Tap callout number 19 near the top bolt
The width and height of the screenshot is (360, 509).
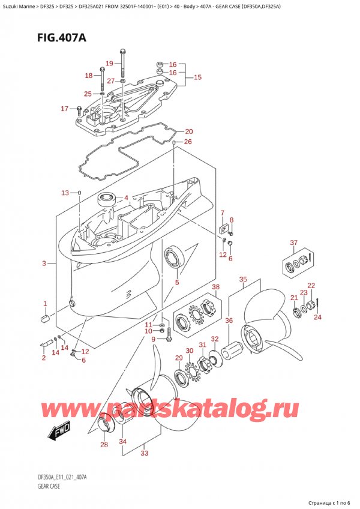109,64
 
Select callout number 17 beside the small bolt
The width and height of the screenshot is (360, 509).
64,109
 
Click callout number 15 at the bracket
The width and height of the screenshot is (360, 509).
197,77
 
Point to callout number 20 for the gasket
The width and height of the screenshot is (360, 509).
188,131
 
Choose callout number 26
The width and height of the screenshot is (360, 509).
188,142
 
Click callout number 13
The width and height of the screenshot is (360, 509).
65,192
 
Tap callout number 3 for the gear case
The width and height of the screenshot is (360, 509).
44,264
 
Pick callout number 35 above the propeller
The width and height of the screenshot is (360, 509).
243,279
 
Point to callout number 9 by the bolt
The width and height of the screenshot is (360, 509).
152,339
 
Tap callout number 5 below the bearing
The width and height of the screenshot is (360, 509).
177,282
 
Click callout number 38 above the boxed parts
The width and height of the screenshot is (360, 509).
216,287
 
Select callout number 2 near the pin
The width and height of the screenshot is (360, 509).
43,358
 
